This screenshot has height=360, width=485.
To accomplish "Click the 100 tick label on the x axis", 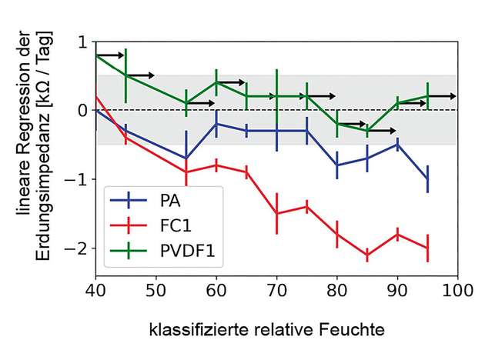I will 457,292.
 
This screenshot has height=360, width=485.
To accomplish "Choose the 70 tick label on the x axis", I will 276,292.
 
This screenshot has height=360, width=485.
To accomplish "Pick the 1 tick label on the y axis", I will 82,42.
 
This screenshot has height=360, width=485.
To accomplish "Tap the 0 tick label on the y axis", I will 82,111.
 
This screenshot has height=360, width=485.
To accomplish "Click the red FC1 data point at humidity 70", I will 276,214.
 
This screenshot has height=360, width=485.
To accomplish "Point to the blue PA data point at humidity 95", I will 427,179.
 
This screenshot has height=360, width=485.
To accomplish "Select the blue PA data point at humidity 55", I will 186,158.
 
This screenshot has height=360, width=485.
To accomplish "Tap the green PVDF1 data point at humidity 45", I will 125,75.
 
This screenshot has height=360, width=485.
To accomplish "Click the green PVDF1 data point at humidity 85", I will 367,131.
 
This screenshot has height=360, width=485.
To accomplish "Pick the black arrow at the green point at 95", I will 443,96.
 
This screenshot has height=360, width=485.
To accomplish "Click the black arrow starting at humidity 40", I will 109,55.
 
